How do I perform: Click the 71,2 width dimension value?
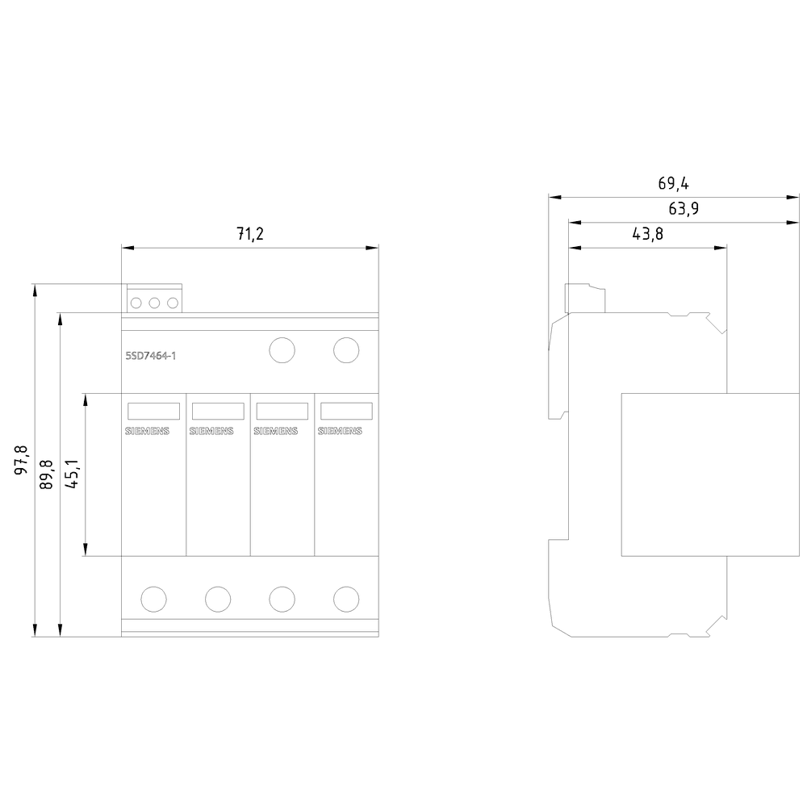[250, 234]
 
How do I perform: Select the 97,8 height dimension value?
[21, 460]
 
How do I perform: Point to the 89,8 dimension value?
[46, 474]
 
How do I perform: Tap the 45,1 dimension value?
[72, 474]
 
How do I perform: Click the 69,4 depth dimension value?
[674, 183]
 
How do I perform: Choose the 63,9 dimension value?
[684, 208]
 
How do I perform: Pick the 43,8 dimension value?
[648, 234]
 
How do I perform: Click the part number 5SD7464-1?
[151, 356]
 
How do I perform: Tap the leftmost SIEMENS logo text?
[147, 431]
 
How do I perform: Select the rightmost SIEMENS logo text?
[340, 431]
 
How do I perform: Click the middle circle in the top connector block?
[154, 303]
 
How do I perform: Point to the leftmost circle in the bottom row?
[153, 599]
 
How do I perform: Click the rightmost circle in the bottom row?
[346, 599]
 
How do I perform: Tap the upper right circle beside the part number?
[346, 350]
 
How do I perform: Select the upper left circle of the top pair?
[282, 350]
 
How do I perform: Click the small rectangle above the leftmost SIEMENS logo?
[153, 412]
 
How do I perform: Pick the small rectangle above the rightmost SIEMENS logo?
[346, 412]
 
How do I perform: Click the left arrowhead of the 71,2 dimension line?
[128, 248]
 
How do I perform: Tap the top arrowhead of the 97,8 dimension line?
[35, 291]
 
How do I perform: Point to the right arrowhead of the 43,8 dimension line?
[721, 248]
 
